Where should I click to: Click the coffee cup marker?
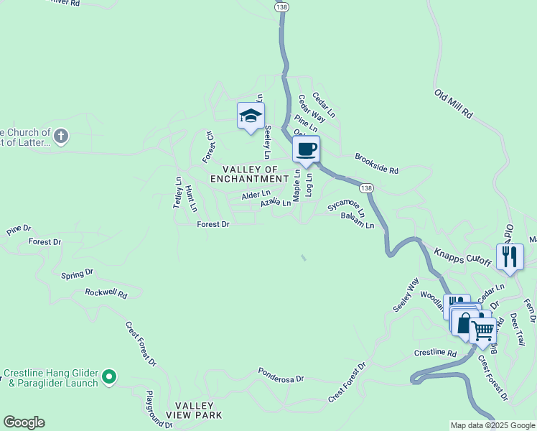coord(307,149)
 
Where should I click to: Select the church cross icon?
coord(61,136)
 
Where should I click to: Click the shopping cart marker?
coord(483,330)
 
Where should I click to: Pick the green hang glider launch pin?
coord(109,376)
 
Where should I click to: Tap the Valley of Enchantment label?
coord(249,174)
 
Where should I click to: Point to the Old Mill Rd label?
coord(453,104)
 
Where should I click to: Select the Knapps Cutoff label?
coord(462,256)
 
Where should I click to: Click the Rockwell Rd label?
coord(106,294)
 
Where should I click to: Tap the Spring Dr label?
coord(78,274)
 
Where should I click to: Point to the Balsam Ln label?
coord(358,221)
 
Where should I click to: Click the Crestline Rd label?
coord(435,353)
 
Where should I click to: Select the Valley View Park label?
coord(194,410)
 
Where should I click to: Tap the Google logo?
coord(24,422)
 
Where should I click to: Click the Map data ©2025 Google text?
coord(492,425)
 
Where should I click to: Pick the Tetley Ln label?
coord(178,193)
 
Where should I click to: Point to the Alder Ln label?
coord(256,195)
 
